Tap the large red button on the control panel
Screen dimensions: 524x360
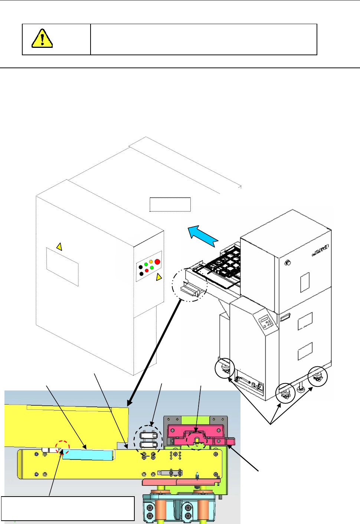pos(157,262)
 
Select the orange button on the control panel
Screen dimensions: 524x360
pos(151,262)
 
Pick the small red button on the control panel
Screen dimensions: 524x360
pos(147,271)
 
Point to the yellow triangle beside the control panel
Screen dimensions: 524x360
pos(159,277)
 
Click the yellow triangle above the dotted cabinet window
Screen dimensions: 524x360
pos(59,246)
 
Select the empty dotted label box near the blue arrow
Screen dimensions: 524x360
pos(170,204)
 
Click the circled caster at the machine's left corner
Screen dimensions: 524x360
pos(225,369)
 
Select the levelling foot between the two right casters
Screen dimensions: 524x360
pos(300,389)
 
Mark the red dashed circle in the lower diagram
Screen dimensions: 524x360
pos(62,446)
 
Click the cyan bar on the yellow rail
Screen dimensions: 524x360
pos(88,455)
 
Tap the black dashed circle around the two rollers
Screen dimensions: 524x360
pos(148,440)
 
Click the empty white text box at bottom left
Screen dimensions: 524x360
pos(68,508)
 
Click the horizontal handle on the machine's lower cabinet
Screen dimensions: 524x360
pos(285,317)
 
